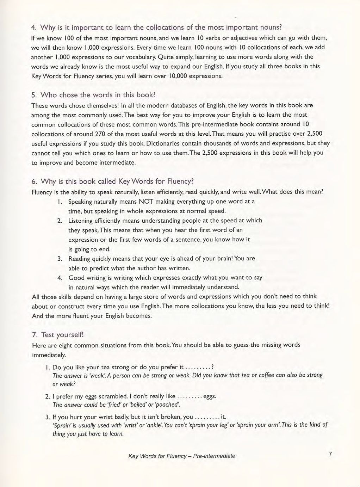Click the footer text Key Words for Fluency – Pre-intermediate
(182, 456)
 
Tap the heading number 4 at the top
(34, 27)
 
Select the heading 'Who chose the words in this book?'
(98, 95)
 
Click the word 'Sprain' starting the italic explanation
(63, 425)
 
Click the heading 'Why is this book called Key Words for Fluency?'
(117, 181)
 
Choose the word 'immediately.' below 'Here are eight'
(49, 355)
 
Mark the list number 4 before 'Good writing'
(60, 278)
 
